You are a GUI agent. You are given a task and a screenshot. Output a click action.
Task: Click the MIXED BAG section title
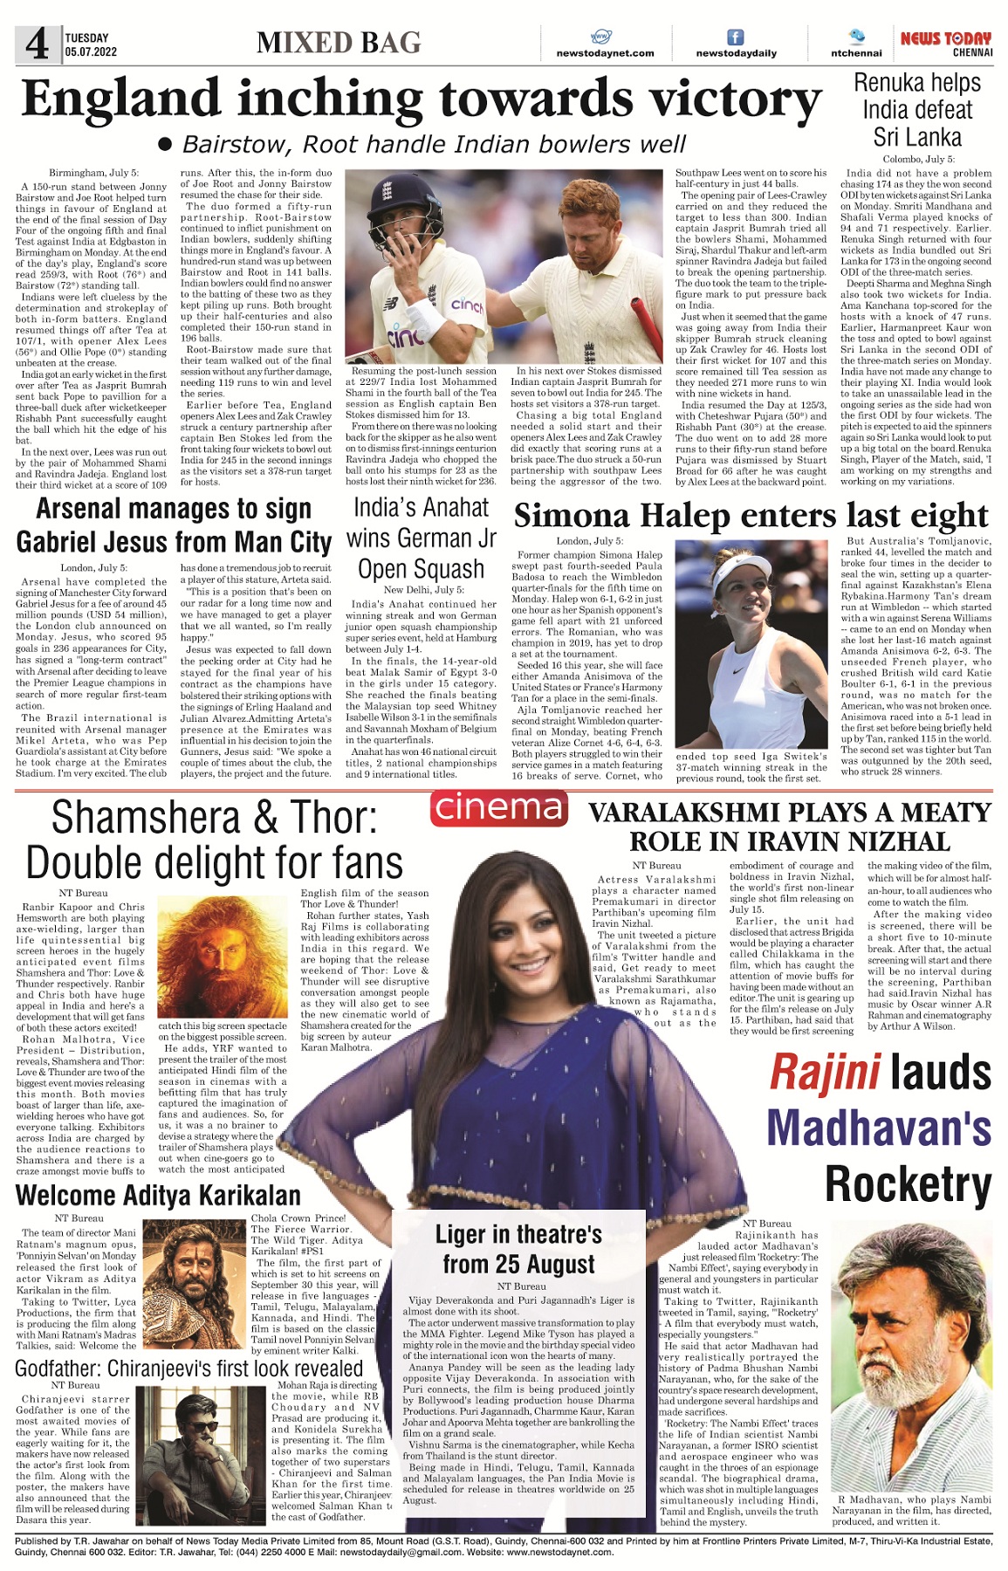[x=339, y=43]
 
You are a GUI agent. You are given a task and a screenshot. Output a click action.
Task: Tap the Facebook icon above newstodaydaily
[x=736, y=38]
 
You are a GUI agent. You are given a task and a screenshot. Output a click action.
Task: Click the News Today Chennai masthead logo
[x=946, y=44]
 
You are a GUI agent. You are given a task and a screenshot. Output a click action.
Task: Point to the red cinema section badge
[x=498, y=807]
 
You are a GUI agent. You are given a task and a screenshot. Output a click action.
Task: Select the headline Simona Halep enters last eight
[x=751, y=516]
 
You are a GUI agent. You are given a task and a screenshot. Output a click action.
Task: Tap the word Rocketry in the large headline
[x=908, y=1184]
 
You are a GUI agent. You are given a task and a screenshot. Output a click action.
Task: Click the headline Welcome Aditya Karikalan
[x=158, y=1195]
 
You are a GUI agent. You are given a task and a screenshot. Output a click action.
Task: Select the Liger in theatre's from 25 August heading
[x=518, y=1249]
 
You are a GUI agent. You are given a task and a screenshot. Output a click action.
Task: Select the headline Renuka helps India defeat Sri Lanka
[x=917, y=110]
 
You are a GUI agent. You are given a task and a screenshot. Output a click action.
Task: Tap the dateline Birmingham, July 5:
[x=93, y=173]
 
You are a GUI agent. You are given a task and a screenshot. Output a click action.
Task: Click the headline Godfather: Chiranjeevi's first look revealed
[x=189, y=1369]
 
